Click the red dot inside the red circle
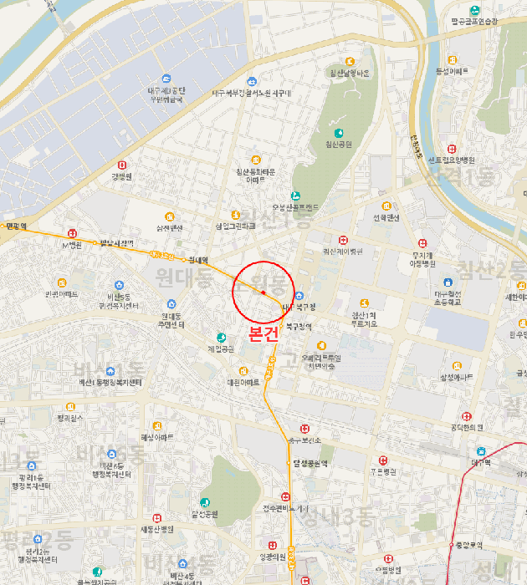[263, 292]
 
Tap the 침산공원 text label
[337, 144]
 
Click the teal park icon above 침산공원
[339, 133]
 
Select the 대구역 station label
[480, 461]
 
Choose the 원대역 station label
[198, 259]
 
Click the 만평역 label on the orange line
[15, 226]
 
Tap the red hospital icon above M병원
[73, 234]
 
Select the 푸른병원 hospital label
[383, 471]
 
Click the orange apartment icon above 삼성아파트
[457, 366]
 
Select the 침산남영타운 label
[350, 73]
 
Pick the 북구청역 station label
[299, 326]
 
